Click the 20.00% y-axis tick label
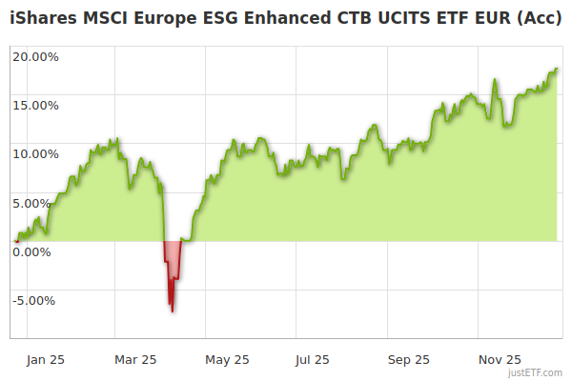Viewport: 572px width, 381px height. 35,56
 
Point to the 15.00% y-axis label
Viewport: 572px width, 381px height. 35,105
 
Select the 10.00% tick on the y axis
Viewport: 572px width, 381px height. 35,153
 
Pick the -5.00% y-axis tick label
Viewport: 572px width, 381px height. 35,301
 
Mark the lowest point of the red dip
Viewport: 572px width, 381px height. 173,311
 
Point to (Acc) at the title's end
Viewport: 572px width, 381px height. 539,19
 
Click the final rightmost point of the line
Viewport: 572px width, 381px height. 557,69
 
